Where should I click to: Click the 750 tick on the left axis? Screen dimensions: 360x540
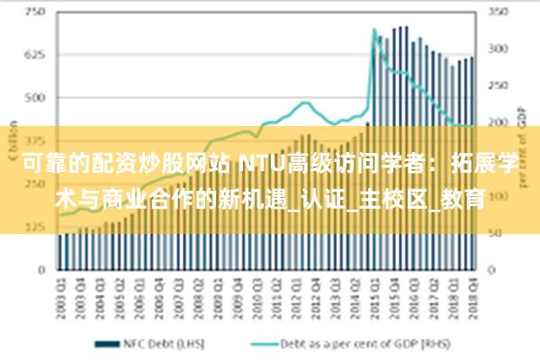pyautogui.click(x=35, y=13)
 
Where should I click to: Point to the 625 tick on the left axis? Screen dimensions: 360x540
pyautogui.click(x=35, y=55)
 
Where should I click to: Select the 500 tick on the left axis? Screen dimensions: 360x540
pyautogui.click(x=35, y=97)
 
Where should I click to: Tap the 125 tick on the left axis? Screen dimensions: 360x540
pyautogui.click(x=35, y=226)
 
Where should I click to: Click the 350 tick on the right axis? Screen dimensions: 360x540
pyautogui.click(x=499, y=13)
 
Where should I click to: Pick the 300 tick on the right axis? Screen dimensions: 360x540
pyautogui.click(x=499, y=49)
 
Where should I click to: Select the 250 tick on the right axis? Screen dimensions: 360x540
pyautogui.click(x=499, y=86)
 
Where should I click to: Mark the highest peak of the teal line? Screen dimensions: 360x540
pyautogui.click(x=374, y=30)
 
